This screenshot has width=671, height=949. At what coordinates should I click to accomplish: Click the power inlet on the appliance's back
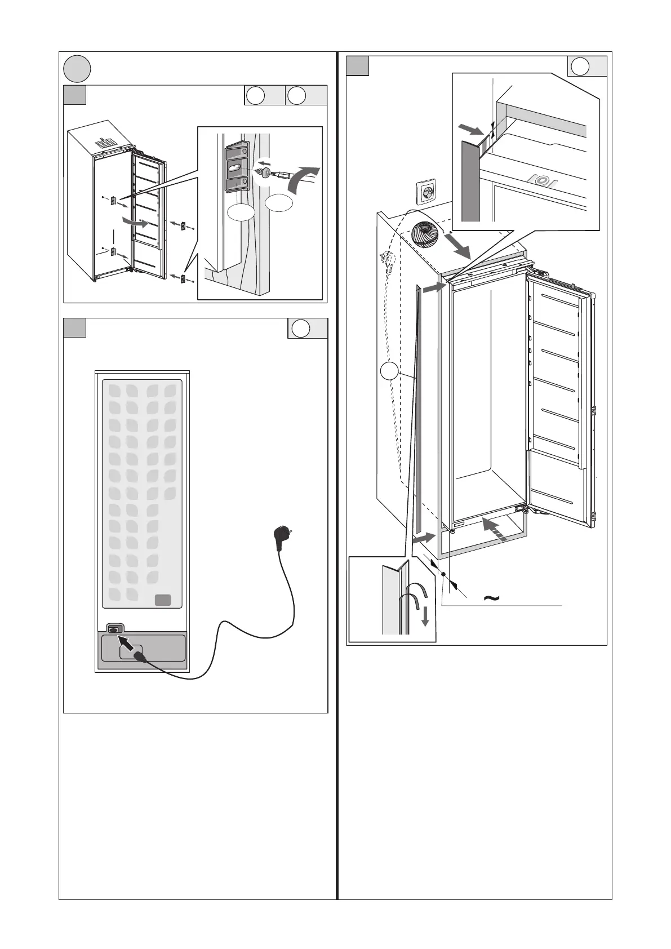114,629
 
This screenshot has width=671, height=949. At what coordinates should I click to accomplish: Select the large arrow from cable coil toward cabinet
461,243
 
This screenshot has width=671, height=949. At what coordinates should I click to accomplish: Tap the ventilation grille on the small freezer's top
104,143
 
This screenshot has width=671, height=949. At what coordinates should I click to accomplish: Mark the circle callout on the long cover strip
388,371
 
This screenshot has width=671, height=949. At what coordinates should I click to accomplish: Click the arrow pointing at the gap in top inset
472,131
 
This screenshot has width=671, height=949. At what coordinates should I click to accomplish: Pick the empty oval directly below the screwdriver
279,203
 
